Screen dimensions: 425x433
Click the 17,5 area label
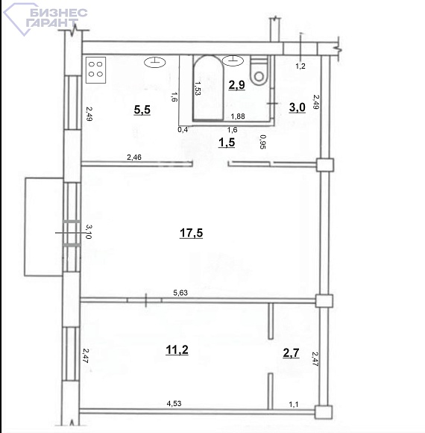pyautogui.click(x=191, y=233)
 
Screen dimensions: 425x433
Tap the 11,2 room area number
pyautogui.click(x=177, y=350)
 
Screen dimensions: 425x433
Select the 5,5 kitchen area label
pyautogui.click(x=142, y=110)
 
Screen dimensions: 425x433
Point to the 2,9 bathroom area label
pyautogui.click(x=236, y=84)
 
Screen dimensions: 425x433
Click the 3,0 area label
pyautogui.click(x=297, y=108)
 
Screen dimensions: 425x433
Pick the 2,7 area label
pyautogui.click(x=291, y=352)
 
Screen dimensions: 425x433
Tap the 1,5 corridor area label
pyautogui.click(x=227, y=143)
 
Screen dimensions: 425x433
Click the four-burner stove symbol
pyautogui.click(x=95, y=70)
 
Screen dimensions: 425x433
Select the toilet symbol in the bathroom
pyautogui.click(x=259, y=70)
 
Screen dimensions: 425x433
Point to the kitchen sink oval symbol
pyautogui.click(x=155, y=63)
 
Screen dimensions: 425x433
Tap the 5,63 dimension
pyautogui.click(x=180, y=293)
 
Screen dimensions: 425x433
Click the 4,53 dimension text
pyautogui.click(x=174, y=403)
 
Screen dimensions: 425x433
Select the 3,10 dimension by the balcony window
pyautogui.click(x=89, y=231)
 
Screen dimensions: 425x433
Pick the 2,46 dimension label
pyautogui.click(x=134, y=157)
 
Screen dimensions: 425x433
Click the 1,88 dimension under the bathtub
pyautogui.click(x=238, y=116)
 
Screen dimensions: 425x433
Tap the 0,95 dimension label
pyautogui.click(x=263, y=142)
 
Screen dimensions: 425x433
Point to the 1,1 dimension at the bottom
pyautogui.click(x=294, y=405)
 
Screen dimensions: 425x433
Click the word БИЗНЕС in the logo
pyautogui.click(x=59, y=13)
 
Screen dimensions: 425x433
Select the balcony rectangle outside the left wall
pyautogui.click(x=44, y=227)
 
